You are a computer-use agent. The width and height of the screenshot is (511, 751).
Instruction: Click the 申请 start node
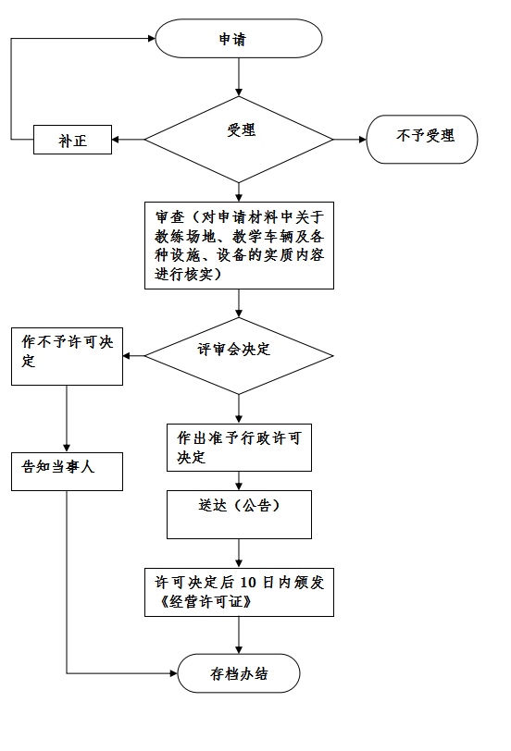coord(239,39)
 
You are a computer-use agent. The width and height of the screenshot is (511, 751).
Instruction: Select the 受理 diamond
coord(239,140)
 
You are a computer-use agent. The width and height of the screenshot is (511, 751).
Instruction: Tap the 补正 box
coord(72,140)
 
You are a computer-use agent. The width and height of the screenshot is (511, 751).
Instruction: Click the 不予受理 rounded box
coord(422,140)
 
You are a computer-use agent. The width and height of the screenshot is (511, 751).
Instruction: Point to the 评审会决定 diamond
coord(239,356)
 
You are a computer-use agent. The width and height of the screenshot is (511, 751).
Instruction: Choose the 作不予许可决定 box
coord(67,356)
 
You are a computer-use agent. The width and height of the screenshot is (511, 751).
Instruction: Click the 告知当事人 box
coord(67,472)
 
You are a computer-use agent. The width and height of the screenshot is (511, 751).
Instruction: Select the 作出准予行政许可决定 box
coord(239,448)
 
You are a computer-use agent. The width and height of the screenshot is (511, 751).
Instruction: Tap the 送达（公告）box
coord(239,514)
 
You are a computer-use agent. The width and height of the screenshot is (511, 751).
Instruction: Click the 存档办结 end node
coord(239,673)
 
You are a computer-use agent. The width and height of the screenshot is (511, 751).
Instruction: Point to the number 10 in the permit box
coord(248,583)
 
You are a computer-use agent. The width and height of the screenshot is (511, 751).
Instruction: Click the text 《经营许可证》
coord(206,602)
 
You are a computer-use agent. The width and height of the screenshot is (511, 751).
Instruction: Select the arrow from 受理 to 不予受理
coord(349,140)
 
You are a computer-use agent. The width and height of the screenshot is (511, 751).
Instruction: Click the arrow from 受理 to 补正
coord(128,140)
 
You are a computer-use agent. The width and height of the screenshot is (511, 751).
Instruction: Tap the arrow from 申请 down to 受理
coord(239,77)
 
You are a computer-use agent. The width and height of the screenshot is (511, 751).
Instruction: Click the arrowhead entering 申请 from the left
coord(152,38)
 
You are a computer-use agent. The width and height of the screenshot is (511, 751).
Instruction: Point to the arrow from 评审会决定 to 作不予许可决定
coord(133,356)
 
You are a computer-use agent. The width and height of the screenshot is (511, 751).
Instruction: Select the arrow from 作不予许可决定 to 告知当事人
coord(67,419)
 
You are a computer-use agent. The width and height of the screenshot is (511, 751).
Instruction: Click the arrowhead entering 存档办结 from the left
coord(173,673)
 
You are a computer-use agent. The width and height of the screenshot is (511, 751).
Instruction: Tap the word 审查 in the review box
coord(169,217)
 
